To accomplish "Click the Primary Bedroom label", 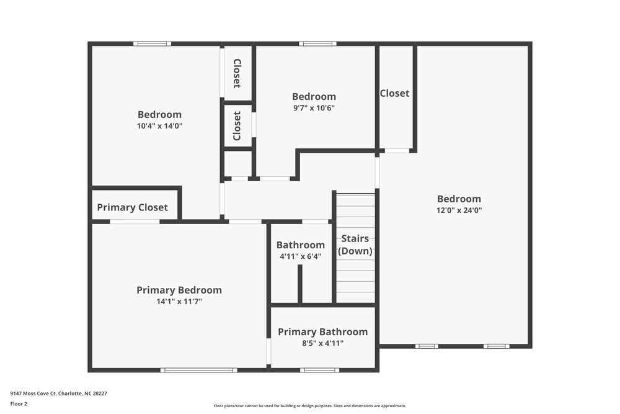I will (x=179, y=290).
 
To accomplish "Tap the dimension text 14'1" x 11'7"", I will (x=179, y=302).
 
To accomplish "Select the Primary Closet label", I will (x=132, y=207).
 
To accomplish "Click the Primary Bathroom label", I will (x=322, y=331).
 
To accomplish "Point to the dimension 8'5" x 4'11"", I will (x=322, y=343).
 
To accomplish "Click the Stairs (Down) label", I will (x=355, y=245).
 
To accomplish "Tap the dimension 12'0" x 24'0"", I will (x=459, y=210).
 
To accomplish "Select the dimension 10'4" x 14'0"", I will (x=159, y=125).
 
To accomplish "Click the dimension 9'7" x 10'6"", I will (x=314, y=107).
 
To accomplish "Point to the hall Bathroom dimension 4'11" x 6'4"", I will (x=301, y=256).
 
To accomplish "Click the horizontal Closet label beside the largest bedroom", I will (x=394, y=93).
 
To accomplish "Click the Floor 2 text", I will (x=19, y=403).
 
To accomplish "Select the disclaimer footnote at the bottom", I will (x=310, y=406).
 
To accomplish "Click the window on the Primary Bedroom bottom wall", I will (x=198, y=371).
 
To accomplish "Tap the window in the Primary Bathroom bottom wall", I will (x=319, y=371).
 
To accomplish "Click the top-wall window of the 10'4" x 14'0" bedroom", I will (x=152, y=43).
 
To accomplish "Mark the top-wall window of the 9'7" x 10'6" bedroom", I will (x=317, y=43).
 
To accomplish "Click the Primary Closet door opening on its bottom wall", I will (x=135, y=222).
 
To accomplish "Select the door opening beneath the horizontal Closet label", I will (x=397, y=151).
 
